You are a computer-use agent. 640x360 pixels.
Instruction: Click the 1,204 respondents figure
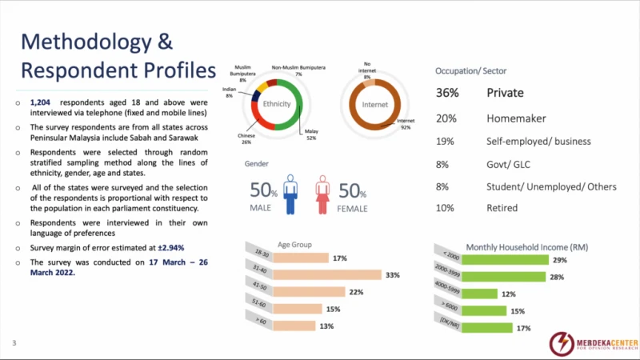(40, 103)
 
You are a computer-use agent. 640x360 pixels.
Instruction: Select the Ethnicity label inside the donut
(277, 104)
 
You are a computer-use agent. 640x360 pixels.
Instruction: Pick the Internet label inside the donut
(374, 104)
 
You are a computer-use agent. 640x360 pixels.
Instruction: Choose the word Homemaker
(517, 118)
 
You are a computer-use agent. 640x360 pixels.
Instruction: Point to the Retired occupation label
(502, 208)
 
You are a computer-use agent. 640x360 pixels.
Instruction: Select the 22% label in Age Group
(356, 292)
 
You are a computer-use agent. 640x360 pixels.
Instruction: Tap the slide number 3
(14, 343)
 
